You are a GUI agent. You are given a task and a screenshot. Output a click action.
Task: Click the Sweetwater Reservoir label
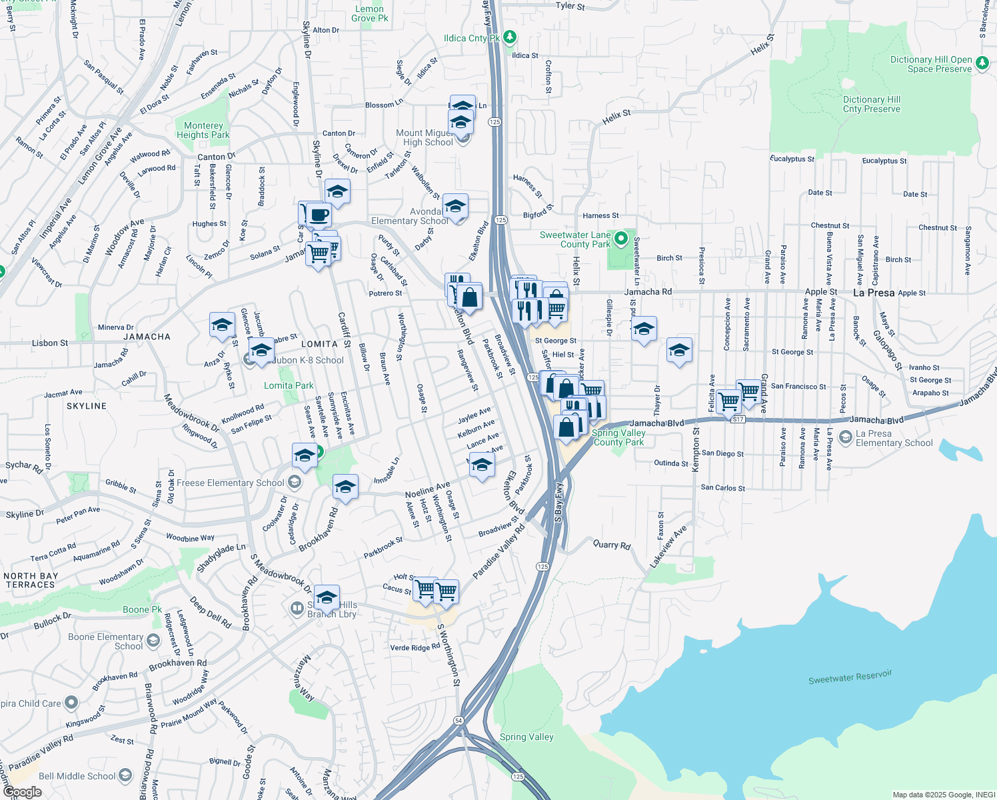(x=850, y=677)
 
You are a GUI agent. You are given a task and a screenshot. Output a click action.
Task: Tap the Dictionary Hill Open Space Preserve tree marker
(x=982, y=63)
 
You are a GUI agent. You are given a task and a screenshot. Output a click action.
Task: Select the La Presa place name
(x=874, y=293)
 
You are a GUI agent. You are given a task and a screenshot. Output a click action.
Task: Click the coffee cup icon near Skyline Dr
(x=319, y=215)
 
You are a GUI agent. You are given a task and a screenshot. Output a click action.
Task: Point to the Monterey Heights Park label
(x=203, y=130)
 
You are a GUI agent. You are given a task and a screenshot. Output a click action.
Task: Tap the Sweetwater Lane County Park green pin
(x=621, y=238)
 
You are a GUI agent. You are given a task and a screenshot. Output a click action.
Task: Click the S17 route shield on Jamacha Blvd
(x=738, y=419)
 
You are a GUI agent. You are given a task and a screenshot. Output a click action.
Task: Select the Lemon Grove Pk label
(x=369, y=13)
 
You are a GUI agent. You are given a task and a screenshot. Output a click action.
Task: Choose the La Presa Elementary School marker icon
(x=846, y=437)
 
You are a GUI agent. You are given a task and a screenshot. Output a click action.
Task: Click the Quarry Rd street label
(x=612, y=545)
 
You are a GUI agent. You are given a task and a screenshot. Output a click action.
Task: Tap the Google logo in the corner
(x=22, y=792)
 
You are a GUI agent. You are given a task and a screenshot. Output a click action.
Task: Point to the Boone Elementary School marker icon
(x=153, y=641)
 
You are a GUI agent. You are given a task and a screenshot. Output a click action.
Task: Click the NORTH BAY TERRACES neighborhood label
(x=31, y=580)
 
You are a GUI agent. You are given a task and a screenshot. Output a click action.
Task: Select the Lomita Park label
(x=289, y=385)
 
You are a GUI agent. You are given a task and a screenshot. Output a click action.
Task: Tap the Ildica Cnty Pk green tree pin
(x=510, y=37)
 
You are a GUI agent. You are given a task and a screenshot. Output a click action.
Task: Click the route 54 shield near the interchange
(x=459, y=721)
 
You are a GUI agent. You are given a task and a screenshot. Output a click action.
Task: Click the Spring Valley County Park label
(x=618, y=437)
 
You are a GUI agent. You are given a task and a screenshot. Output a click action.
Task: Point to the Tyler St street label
(x=570, y=6)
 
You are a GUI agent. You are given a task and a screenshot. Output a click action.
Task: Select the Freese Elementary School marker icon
(x=295, y=482)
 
